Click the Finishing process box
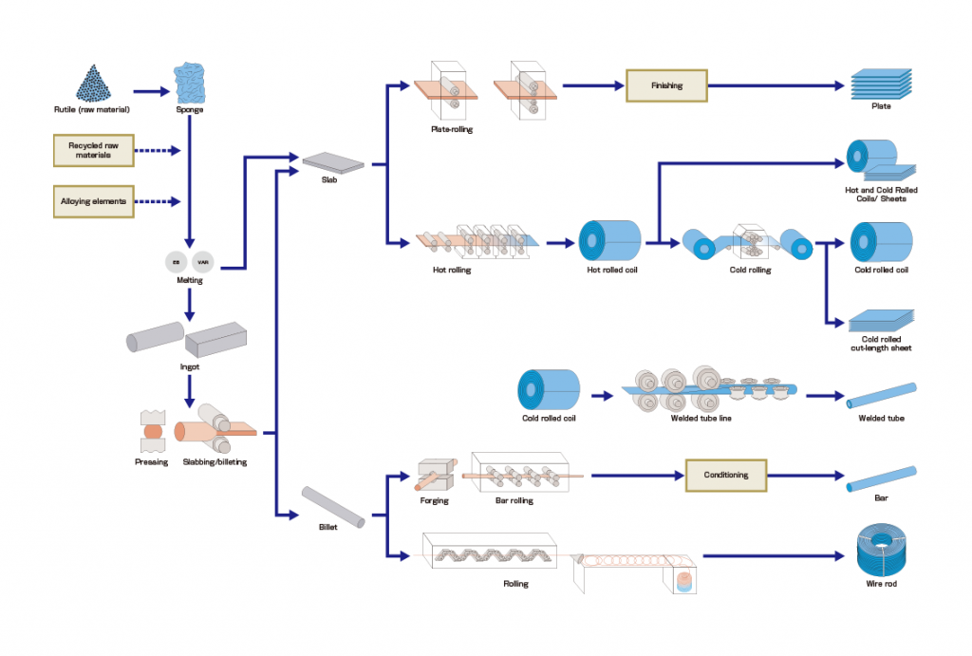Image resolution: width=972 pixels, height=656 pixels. (x=666, y=85)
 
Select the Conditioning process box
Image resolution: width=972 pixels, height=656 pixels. (x=726, y=475)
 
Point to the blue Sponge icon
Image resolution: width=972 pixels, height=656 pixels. (x=190, y=83)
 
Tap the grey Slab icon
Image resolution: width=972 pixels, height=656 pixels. (x=333, y=163)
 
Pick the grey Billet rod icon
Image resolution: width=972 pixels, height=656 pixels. (x=333, y=507)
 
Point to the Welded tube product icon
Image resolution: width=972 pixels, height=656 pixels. (x=882, y=395)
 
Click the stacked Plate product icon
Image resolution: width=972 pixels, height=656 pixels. (x=880, y=84)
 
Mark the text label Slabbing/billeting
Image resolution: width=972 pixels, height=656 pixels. (x=208, y=462)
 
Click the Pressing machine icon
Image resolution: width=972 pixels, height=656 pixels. (x=152, y=431)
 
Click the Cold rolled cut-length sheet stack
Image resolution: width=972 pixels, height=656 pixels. (x=880, y=320)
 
